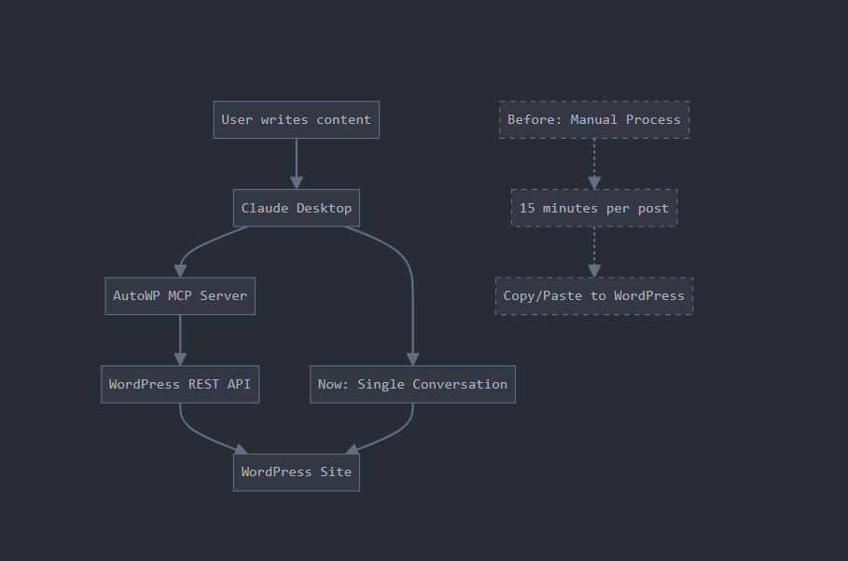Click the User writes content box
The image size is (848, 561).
(296, 119)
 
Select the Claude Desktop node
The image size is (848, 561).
(296, 208)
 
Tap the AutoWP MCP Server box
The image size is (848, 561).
(180, 295)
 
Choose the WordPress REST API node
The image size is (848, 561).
(180, 384)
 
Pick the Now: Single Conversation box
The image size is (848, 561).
(412, 384)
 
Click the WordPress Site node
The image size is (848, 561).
(296, 472)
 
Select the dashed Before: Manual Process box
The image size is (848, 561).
(594, 119)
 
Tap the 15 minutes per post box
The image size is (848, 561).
(594, 208)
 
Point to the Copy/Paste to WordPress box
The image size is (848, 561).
(594, 295)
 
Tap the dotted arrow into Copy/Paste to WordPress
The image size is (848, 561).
(594, 252)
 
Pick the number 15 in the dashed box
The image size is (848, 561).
(527, 208)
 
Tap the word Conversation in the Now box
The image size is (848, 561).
(460, 384)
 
